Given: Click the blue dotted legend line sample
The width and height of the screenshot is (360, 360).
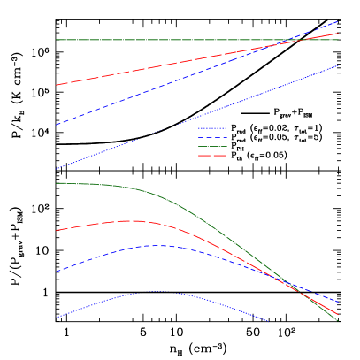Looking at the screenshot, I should pyautogui.click(x=212, y=128).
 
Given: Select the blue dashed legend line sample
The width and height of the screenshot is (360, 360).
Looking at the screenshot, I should pyautogui.click(x=212, y=138).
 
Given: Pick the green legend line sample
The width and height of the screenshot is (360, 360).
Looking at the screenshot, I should pyautogui.click(x=212, y=147).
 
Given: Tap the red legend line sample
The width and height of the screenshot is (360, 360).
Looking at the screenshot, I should pyautogui.click(x=212, y=156).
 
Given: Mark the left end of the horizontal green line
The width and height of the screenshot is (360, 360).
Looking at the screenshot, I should pyautogui.click(x=57, y=40).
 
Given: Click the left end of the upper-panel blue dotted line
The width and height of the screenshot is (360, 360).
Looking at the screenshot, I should pyautogui.click(x=57, y=169).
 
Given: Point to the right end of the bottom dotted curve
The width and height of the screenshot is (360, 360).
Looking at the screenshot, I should pyautogui.click(x=268, y=321).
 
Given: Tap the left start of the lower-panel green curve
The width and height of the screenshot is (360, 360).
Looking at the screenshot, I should pyautogui.click(x=57, y=183).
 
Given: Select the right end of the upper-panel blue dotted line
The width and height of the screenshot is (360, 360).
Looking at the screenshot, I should pyautogui.click(x=339, y=65).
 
